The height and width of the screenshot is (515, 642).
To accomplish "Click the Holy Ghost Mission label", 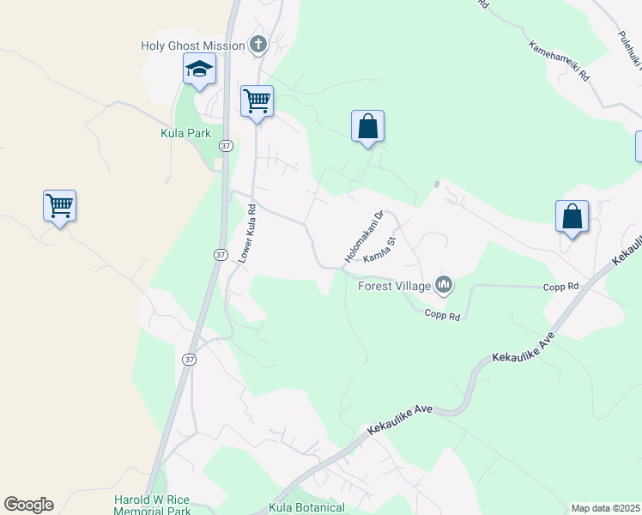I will (x=193, y=45).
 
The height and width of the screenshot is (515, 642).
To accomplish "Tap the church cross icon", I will (x=257, y=44).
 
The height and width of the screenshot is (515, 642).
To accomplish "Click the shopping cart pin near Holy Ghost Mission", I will (x=257, y=101).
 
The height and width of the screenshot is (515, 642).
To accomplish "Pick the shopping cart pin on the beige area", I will (x=59, y=206).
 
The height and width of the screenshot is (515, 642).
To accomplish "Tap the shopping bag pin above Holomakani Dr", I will (x=367, y=126).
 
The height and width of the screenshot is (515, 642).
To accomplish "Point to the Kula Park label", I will (x=185, y=133).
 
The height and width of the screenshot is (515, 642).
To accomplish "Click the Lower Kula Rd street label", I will (x=247, y=234).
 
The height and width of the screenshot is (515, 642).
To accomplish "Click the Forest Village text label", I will (x=395, y=287).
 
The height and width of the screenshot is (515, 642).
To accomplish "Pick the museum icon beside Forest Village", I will (x=444, y=284).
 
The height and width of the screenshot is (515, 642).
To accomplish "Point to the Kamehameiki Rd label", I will (x=560, y=61).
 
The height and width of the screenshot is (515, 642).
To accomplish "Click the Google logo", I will (x=28, y=504).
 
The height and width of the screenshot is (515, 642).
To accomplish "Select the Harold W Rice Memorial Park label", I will (x=153, y=505).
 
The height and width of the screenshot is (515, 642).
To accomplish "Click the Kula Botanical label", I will (x=306, y=508).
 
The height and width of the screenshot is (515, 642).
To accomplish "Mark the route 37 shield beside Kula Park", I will (x=225, y=147).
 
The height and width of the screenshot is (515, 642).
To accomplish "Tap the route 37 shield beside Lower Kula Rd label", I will (x=221, y=255).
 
